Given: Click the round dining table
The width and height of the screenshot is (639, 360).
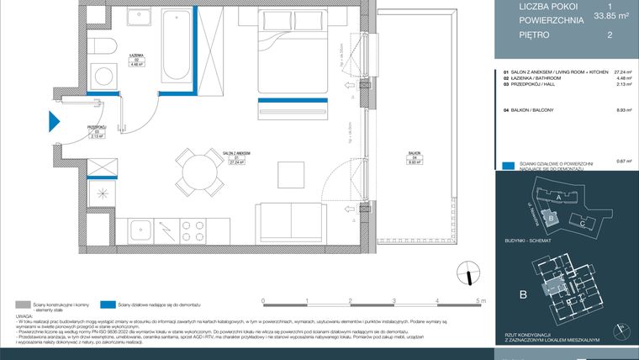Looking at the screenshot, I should [192, 171].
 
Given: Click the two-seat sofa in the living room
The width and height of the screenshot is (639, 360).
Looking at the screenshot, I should [287, 220].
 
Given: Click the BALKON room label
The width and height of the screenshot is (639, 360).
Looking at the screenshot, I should [413, 152].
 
